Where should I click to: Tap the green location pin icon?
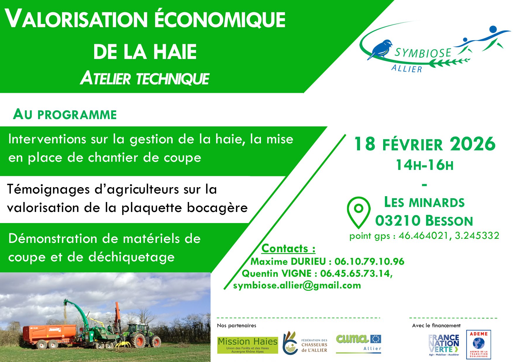(359, 212)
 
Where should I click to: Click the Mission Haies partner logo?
(247, 345)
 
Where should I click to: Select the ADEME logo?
(478, 344)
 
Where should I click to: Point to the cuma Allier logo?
(359, 343)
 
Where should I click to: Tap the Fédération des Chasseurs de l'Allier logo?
(305, 343)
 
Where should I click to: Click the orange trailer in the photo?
(50, 336)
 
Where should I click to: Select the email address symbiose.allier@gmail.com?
(297, 285)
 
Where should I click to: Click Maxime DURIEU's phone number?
(369, 261)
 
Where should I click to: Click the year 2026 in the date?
(473, 144)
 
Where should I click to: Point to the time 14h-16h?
(425, 165)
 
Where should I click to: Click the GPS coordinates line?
(424, 236)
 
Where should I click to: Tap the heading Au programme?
(65, 114)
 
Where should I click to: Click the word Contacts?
(285, 248)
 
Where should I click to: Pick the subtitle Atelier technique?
(145, 79)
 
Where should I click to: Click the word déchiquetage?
(132, 257)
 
